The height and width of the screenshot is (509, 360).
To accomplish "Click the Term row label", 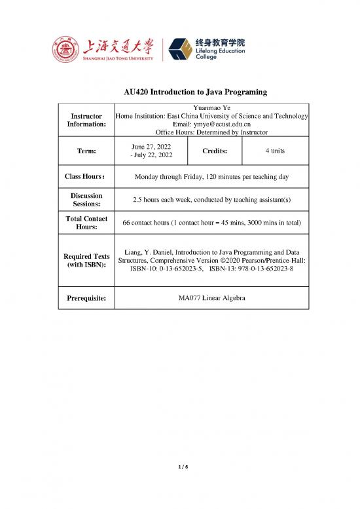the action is pyautogui.click(x=86, y=151).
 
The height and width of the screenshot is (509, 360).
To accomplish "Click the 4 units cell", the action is pyautogui.click(x=275, y=151).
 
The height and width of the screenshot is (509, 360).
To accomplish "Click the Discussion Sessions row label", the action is pyautogui.click(x=86, y=200).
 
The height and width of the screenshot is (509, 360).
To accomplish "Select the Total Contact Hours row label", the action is pyautogui.click(x=86, y=223).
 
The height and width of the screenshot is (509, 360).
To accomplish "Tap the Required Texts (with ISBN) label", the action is pyautogui.click(x=86, y=261).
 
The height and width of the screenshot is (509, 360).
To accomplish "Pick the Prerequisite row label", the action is pyautogui.click(x=86, y=299).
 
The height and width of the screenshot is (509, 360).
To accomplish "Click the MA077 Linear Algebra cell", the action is pyautogui.click(x=211, y=299).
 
